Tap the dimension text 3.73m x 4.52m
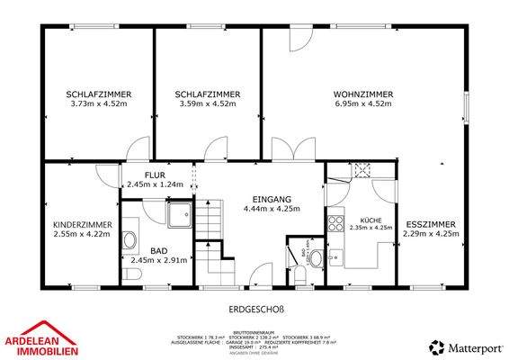[100, 103]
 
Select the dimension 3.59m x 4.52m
[207, 103]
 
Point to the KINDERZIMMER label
[82, 224]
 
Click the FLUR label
[155, 175]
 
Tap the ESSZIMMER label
[431, 224]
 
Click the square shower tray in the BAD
[178, 213]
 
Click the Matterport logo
[465, 346]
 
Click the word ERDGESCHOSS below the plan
[256, 310]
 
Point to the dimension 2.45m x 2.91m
[158, 260]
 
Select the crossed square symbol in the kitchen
[362, 169]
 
